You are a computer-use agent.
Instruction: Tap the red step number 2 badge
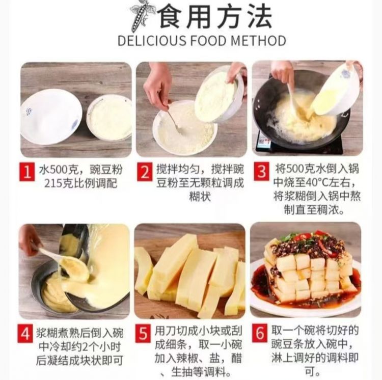145,172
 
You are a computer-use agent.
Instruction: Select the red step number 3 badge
261,172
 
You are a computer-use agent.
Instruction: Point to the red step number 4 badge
25,334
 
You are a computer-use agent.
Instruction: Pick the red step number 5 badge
143,333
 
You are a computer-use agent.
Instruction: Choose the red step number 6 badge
260,333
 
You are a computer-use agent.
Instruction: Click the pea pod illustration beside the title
142,17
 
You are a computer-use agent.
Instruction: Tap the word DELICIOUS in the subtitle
151,40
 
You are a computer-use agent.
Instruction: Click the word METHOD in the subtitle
258,40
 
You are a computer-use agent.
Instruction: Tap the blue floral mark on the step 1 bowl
29,112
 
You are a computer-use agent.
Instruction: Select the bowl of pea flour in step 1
109,118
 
